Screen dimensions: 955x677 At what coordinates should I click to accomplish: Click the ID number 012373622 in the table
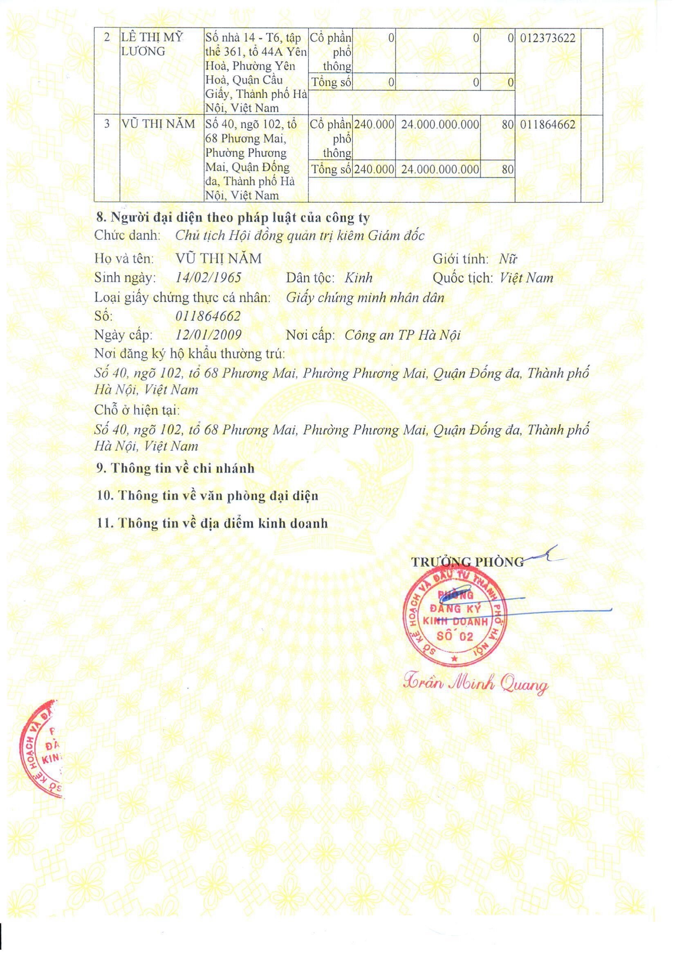547,38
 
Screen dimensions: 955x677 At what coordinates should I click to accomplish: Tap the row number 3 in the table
107,125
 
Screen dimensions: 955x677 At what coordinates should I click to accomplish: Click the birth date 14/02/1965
208,278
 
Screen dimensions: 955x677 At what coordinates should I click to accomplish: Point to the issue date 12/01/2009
208,335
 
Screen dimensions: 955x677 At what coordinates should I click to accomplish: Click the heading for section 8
233,217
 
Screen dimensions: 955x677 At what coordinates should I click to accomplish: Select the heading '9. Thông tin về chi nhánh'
175,468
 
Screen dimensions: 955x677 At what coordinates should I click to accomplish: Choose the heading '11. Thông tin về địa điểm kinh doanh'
212,523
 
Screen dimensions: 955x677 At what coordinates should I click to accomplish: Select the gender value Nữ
508,259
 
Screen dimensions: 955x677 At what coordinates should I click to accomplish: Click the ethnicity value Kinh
359,278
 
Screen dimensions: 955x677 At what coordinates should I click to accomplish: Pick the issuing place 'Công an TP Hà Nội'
402,335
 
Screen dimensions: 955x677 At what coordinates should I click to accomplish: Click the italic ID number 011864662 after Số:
208,316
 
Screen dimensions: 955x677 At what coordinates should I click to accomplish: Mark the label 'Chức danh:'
128,236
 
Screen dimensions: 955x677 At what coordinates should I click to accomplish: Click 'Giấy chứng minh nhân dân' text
365,297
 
